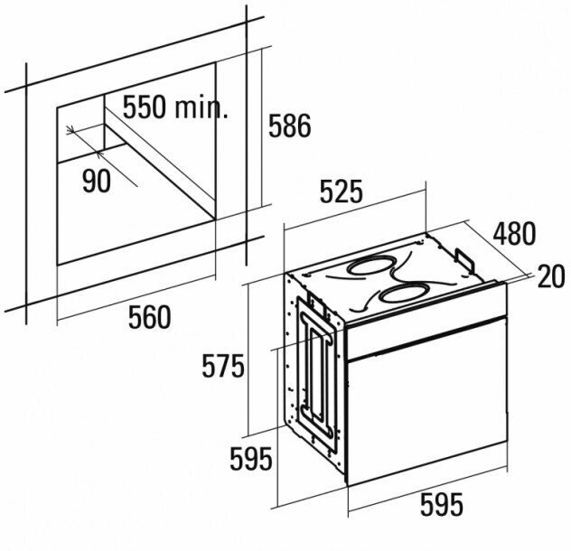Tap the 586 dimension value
click(289, 126)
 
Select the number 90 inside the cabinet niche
click(96, 182)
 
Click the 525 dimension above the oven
click(342, 192)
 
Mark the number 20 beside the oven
click(550, 277)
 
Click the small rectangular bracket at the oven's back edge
click(468, 258)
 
